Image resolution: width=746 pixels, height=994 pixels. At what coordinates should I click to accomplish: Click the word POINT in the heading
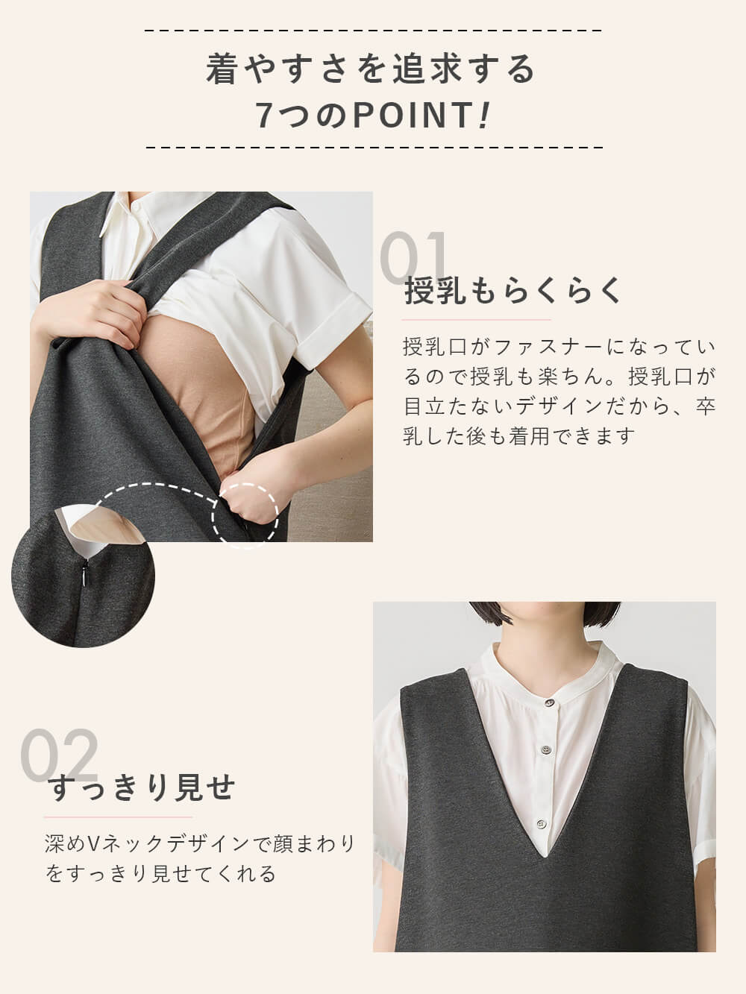pyautogui.click(x=412, y=116)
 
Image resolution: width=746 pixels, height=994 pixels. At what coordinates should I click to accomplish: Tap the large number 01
pyautogui.click(x=415, y=258)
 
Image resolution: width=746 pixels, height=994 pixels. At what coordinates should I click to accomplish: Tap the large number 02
pyautogui.click(x=60, y=755)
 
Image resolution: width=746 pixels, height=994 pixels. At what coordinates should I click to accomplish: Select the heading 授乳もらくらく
pyautogui.click(x=513, y=291)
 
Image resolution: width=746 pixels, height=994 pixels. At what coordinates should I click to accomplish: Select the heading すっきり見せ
pyautogui.click(x=142, y=787)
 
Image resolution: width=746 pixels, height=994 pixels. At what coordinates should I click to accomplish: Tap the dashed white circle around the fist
pyautogui.click(x=246, y=515)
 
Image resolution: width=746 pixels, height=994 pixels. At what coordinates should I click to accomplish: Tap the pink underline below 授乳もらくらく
pyautogui.click(x=466, y=319)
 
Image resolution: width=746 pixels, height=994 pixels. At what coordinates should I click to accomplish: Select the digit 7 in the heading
pyautogui.click(x=265, y=116)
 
